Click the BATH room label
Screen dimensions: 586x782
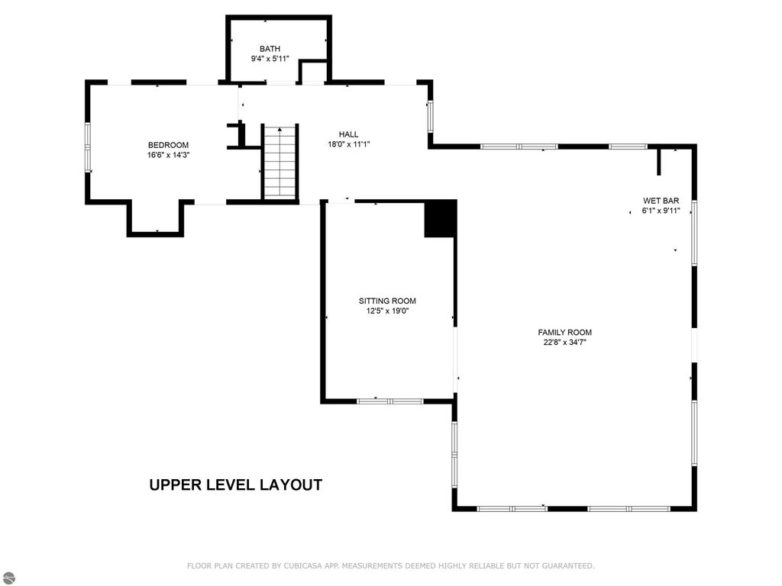(270, 49)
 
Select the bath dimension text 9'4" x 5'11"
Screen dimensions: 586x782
(270, 59)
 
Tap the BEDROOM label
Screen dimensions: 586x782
(168, 145)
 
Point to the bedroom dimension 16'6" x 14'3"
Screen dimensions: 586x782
(168, 155)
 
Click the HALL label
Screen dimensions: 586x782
(348, 134)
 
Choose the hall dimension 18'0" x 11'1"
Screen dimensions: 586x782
(348, 144)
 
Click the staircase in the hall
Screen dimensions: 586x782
(280, 162)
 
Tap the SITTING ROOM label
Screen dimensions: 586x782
(387, 301)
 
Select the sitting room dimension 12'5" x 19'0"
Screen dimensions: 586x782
(387, 311)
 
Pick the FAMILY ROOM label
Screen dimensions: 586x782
(564, 332)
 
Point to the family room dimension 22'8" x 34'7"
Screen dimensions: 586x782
(564, 343)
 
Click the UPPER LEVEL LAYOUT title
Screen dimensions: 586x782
(235, 485)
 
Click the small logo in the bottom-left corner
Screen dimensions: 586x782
(7, 578)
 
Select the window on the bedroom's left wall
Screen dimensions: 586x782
(88, 147)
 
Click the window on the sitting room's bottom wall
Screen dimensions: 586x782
(389, 401)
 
